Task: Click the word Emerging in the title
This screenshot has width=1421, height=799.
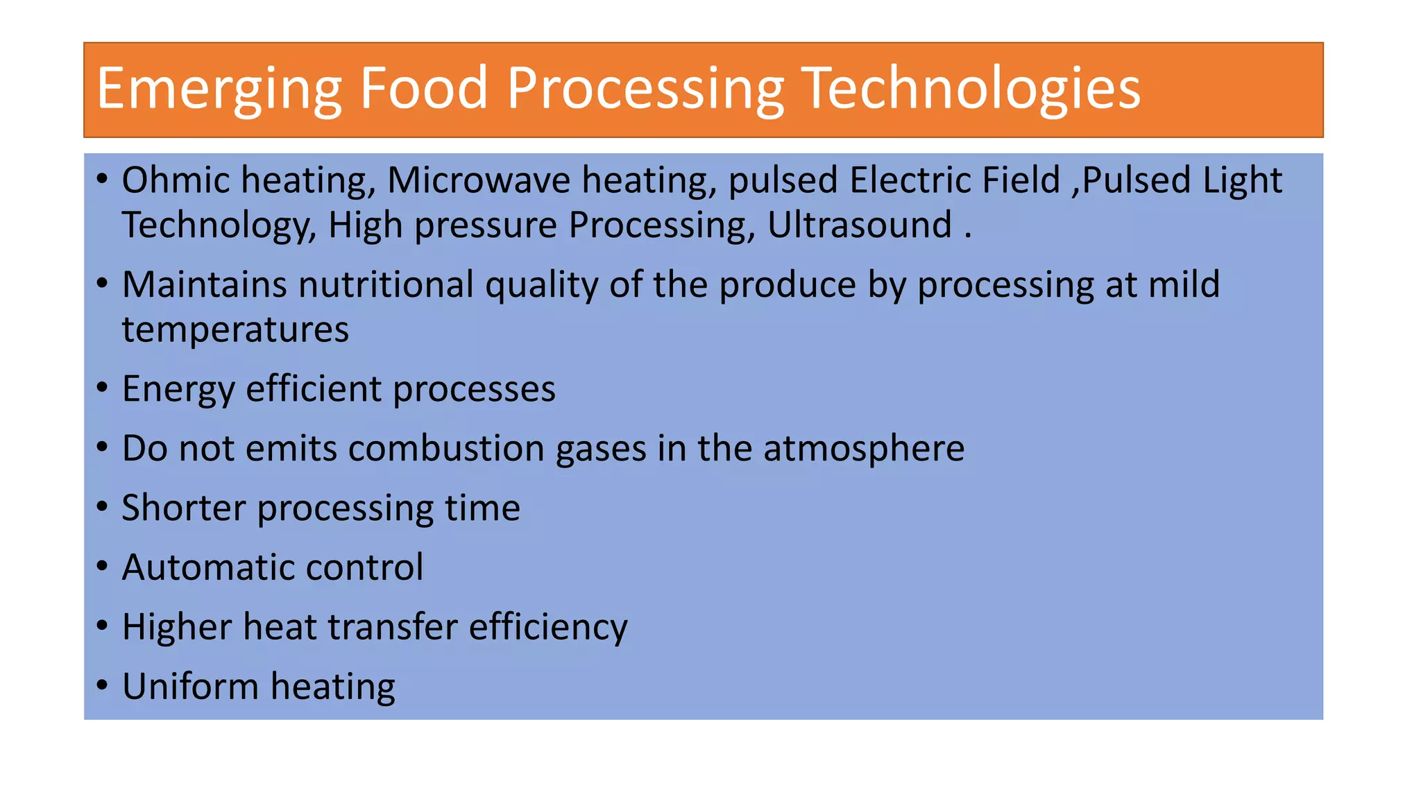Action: tap(219, 89)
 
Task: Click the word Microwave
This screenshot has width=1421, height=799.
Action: tap(479, 180)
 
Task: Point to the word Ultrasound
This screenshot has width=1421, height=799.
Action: tap(860, 225)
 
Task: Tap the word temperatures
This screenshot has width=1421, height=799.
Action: tap(235, 330)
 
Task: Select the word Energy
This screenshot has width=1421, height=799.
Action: tap(178, 390)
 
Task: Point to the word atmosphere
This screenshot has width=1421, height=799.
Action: tap(864, 449)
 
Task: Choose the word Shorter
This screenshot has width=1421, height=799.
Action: tap(184, 508)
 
